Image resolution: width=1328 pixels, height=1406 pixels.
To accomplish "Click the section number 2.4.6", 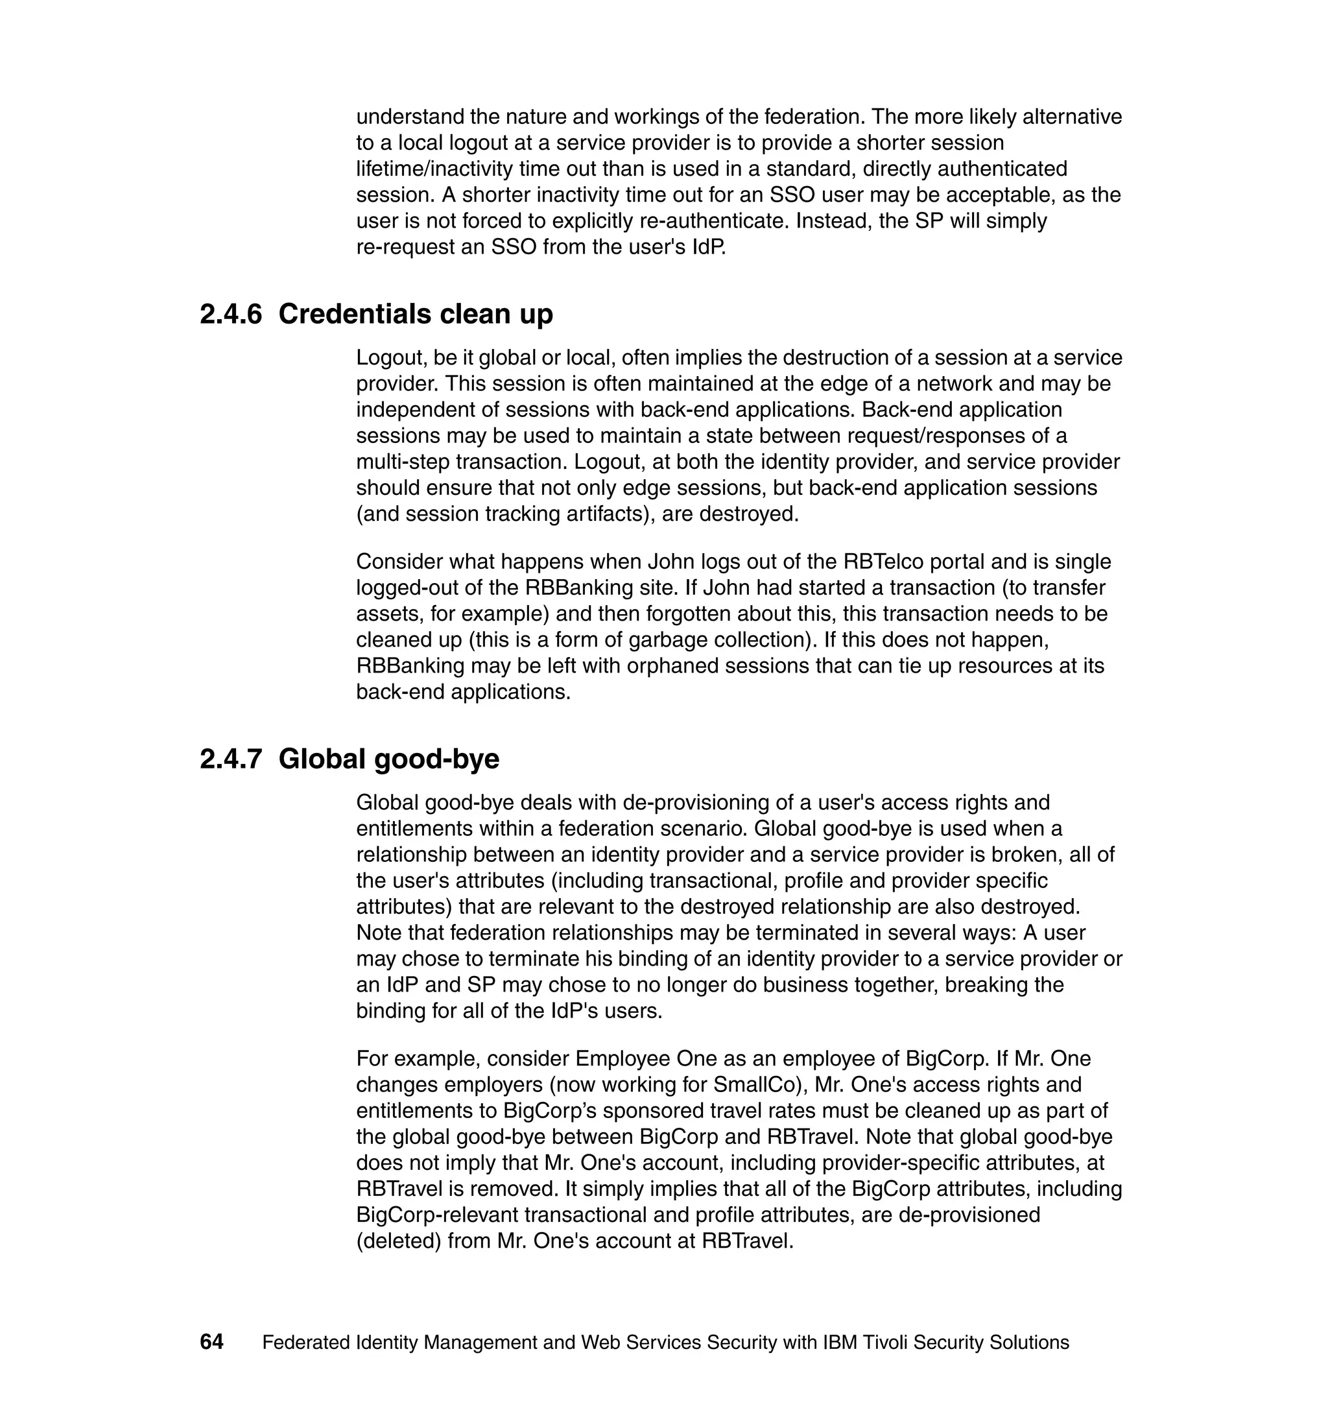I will coord(230,315).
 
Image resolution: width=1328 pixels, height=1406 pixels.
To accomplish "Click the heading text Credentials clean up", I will coord(415,315).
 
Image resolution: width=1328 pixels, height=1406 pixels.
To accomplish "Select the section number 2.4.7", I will coord(230,759).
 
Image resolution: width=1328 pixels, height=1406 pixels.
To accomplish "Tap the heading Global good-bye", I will coord(388,759).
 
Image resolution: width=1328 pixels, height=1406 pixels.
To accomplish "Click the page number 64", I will coord(211,1342).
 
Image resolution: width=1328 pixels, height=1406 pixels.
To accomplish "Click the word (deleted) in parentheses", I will coord(399,1241).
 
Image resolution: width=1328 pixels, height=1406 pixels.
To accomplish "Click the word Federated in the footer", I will coord(306,1342).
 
